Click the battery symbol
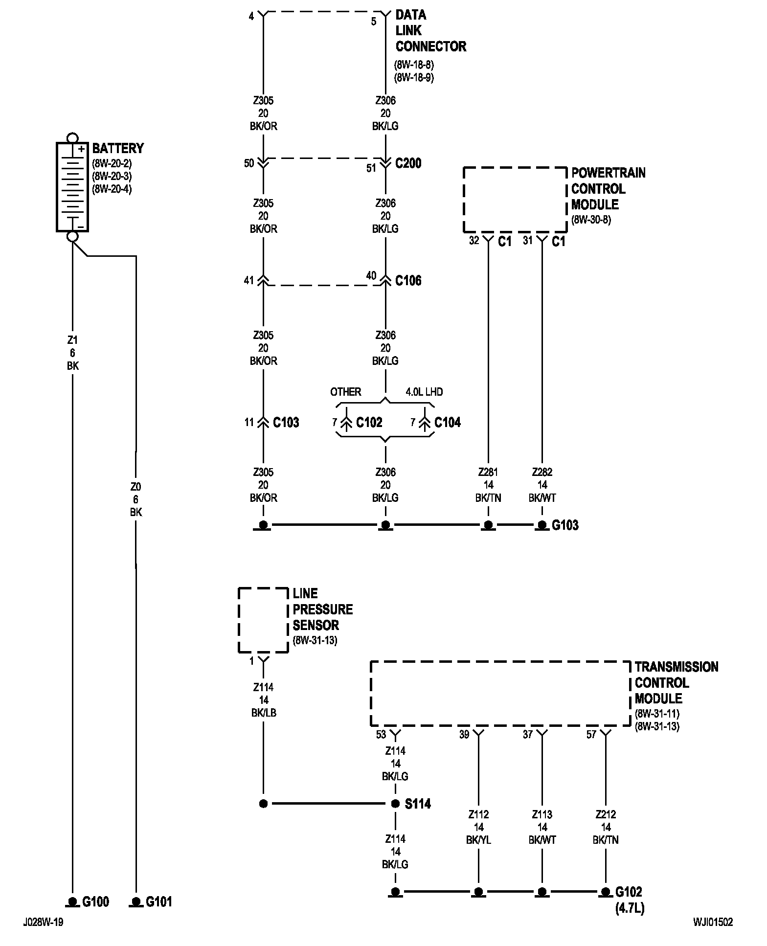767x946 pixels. point(72,187)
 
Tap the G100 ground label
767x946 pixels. point(96,901)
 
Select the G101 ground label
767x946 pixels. point(159,901)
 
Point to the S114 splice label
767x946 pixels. point(418,804)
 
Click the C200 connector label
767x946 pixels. point(408,163)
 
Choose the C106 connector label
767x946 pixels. point(408,280)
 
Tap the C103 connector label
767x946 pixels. point(286,422)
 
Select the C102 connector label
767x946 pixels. point(369,422)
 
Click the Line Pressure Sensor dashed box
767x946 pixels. point(238,620)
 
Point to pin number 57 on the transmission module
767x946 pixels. point(591,734)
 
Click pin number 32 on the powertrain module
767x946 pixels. point(474,240)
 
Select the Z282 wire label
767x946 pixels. point(542,472)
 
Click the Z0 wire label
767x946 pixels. point(135,487)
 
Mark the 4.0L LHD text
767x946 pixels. point(424,392)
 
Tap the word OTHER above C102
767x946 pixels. point(345,392)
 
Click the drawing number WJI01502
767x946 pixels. point(713,923)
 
